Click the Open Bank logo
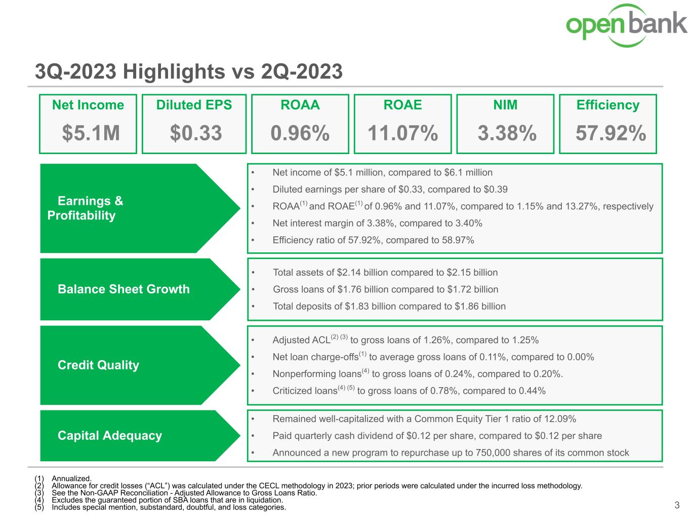point(627,25)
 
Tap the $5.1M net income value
point(91,133)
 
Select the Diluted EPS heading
point(194,105)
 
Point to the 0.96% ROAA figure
point(300,133)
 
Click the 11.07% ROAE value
point(402,133)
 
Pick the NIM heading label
point(505,105)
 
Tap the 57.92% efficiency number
point(611,133)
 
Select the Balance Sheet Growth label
point(124,289)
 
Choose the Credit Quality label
point(98,365)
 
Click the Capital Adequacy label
point(110,435)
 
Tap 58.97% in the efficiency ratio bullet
point(458,240)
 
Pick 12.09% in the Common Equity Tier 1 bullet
point(560,419)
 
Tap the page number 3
point(677,505)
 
